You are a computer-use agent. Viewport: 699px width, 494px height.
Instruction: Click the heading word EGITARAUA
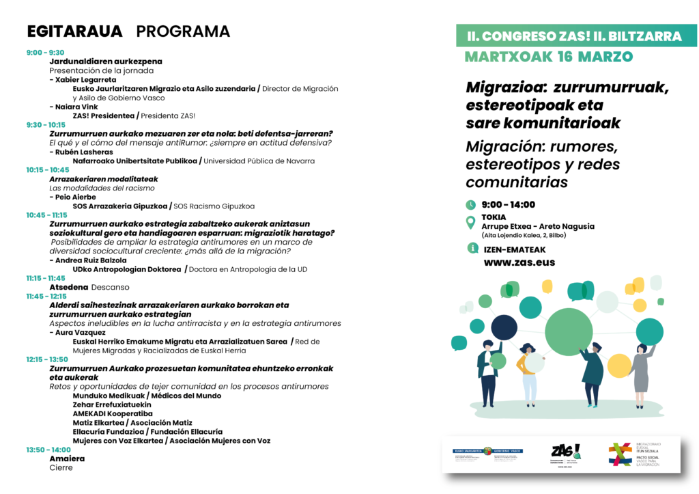74,31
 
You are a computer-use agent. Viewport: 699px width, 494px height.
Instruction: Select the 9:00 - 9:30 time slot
45,53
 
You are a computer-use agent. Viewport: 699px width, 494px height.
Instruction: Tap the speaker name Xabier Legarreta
76,79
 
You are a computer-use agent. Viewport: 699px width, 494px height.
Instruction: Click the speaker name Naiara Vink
74,107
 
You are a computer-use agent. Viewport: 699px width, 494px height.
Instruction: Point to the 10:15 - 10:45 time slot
48,169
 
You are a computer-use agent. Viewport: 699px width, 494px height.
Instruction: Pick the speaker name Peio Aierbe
73,197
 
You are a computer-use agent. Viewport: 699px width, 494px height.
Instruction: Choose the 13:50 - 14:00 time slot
48,450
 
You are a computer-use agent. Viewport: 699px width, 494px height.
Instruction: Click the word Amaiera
67,458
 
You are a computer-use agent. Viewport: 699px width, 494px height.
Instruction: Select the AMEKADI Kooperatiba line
113,413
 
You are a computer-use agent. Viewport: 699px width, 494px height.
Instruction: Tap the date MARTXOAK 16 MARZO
549,57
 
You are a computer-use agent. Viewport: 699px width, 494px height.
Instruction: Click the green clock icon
470,204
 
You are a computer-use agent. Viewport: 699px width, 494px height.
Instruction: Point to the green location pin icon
470,222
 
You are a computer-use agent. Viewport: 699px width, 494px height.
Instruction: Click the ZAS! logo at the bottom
566,452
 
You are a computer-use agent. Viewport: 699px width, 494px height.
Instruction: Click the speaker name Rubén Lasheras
79,152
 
